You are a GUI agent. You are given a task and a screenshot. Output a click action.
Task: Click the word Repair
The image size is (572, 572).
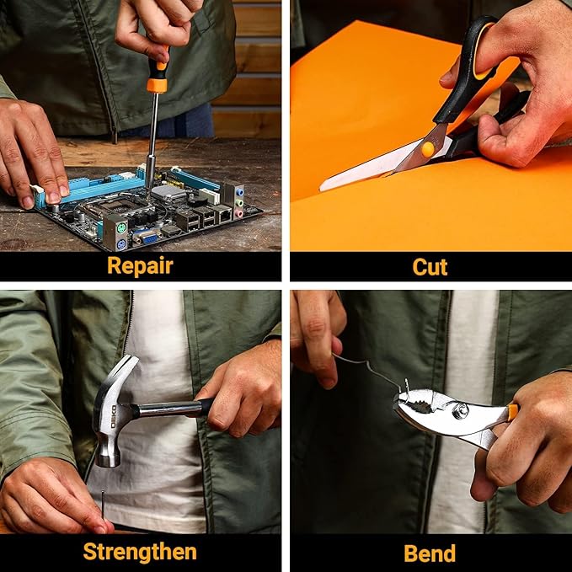click(x=140, y=266)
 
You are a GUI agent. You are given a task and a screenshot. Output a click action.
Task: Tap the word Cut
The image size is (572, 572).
click(x=430, y=267)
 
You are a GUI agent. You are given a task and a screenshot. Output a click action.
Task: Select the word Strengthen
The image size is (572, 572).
click(x=140, y=552)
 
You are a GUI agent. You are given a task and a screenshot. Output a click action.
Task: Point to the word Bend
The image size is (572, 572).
click(x=430, y=553)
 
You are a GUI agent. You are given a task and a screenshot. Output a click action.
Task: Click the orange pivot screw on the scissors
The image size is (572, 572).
click(x=428, y=149)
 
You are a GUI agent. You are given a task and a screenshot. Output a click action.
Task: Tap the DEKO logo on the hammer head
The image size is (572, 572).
click(x=114, y=417)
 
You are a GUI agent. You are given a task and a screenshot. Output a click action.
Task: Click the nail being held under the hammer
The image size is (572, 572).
click(x=104, y=505)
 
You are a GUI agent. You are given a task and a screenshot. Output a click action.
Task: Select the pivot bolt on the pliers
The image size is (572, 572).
click(x=459, y=409)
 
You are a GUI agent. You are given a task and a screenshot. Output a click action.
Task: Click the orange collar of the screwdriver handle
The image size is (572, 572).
click(x=157, y=84)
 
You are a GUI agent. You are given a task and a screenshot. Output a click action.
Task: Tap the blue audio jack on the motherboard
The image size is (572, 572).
click(x=239, y=191)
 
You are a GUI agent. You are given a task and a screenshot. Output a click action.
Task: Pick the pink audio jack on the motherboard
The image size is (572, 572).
click(x=238, y=213)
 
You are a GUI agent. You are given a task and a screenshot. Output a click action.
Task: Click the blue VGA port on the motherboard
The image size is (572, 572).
click(x=149, y=239)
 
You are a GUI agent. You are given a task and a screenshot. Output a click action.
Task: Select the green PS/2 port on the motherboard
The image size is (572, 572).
click(x=121, y=229)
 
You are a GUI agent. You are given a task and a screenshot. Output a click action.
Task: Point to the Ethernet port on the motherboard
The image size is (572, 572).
click(x=223, y=215)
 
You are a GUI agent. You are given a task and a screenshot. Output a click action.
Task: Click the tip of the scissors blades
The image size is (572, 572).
click(x=321, y=188)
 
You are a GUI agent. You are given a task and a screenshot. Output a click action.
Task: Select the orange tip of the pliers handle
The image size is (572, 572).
click(x=512, y=412)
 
